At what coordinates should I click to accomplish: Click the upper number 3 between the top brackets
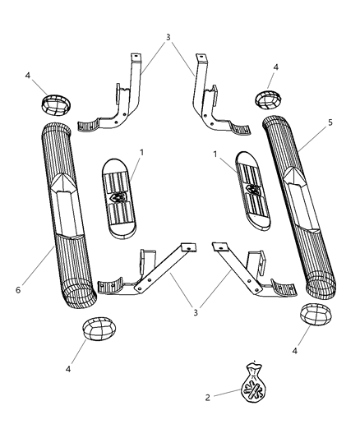pos(168,37)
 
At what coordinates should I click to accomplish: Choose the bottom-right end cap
pos(315,314)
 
